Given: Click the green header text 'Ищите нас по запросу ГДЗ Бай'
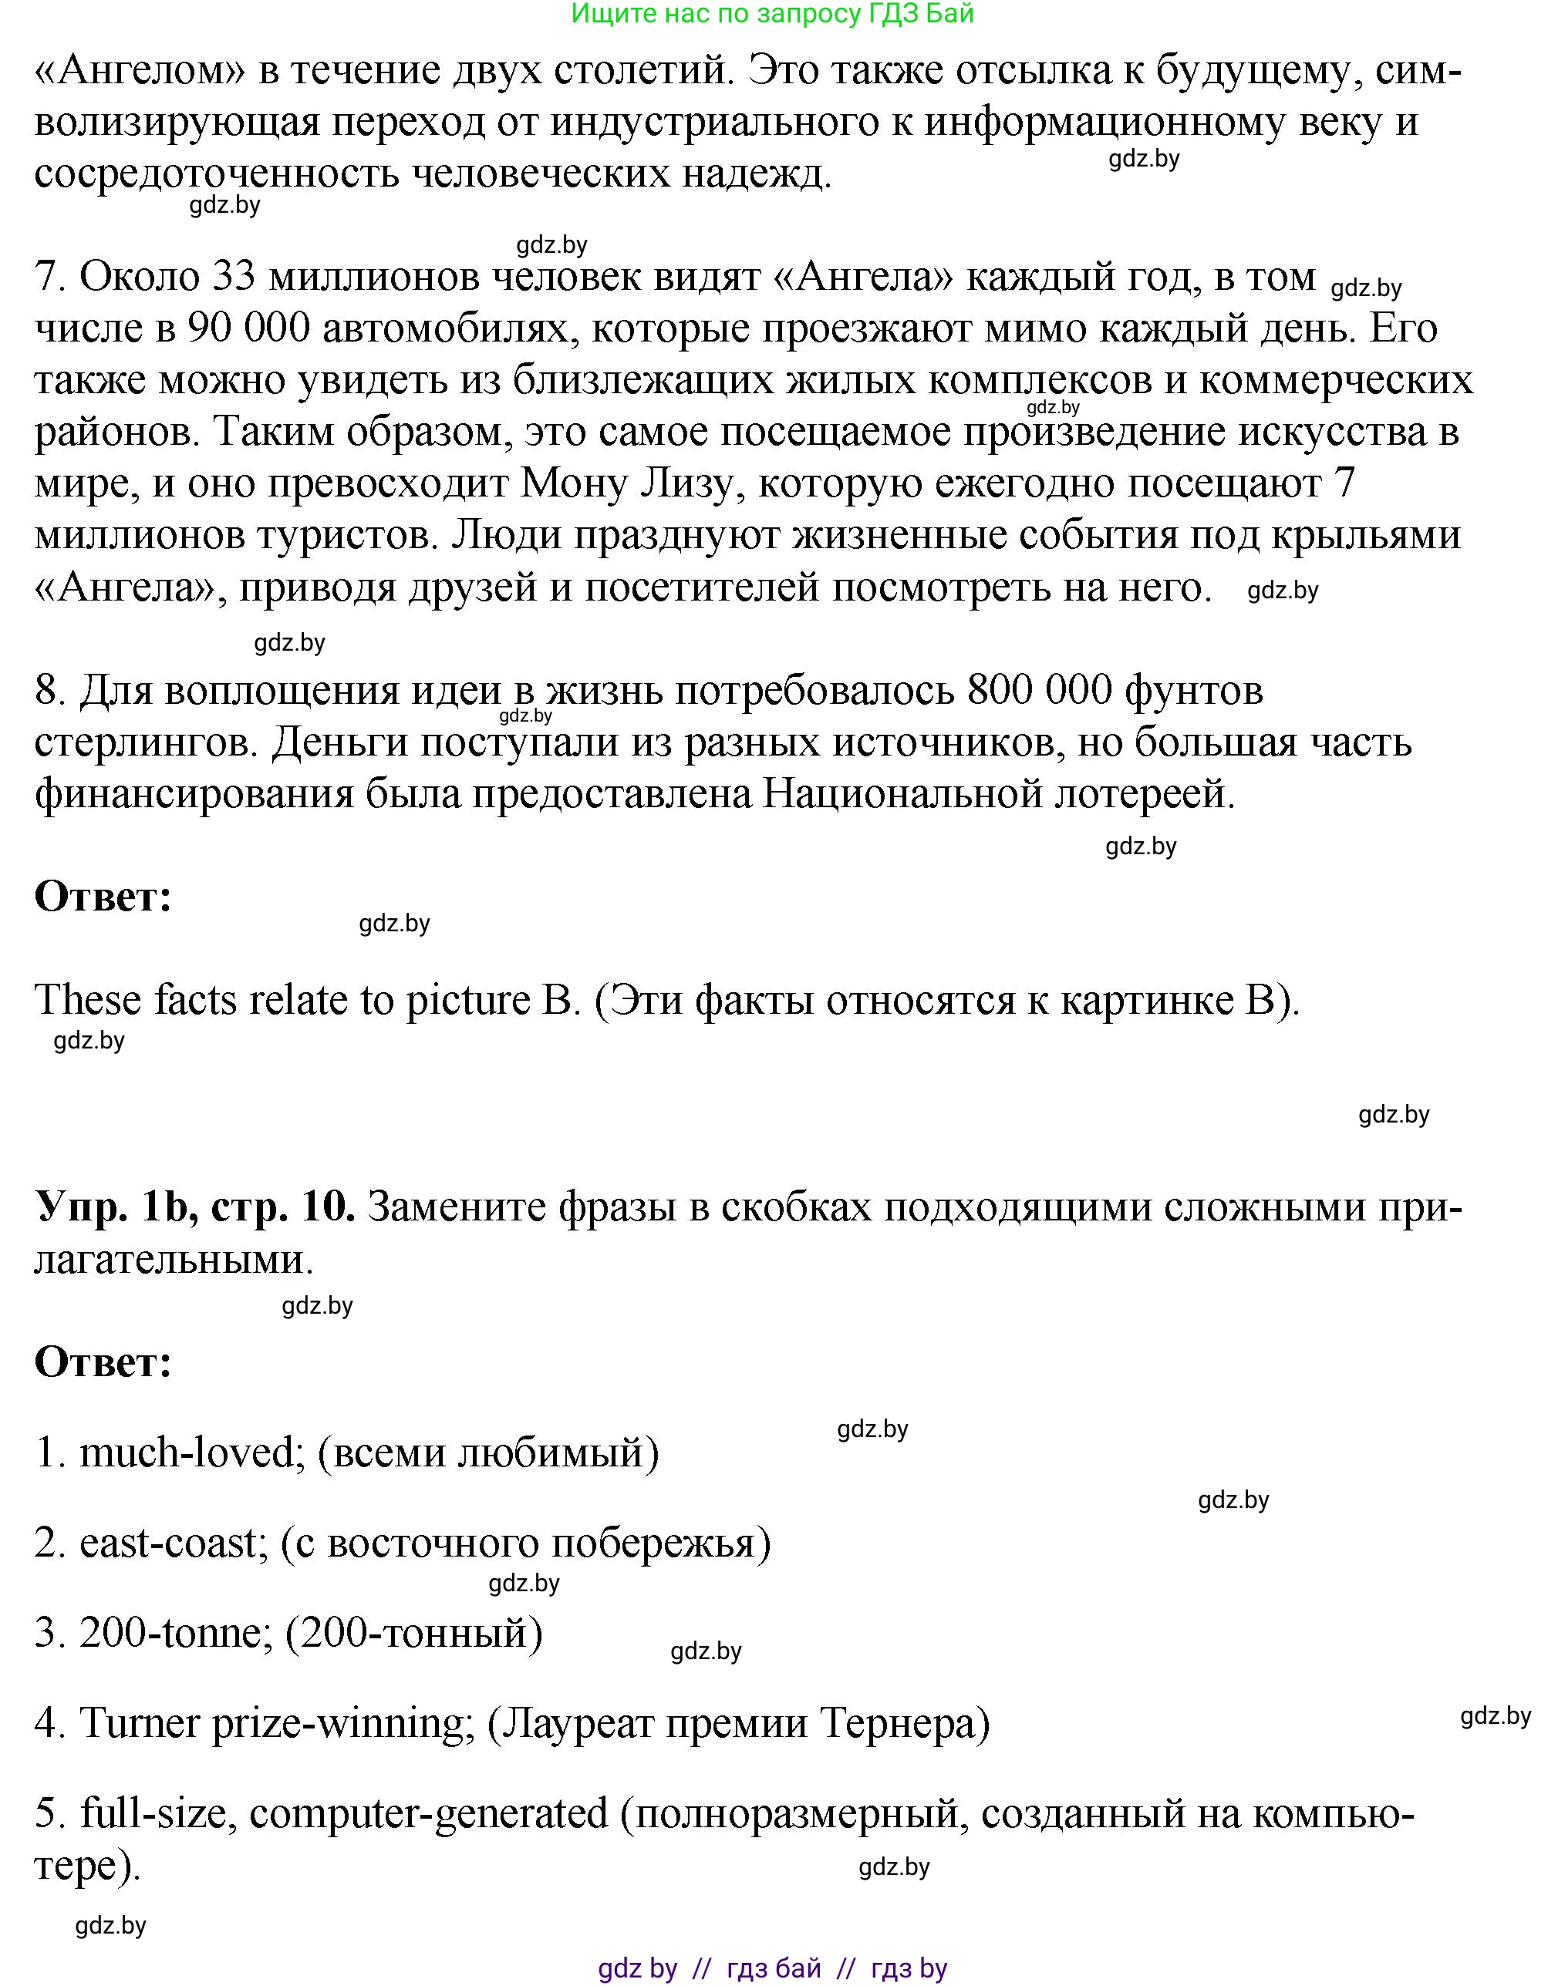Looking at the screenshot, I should click(773, 14).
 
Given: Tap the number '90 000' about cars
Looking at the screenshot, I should click(243, 328).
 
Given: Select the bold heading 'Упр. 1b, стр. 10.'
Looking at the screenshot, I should click(194, 1209).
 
